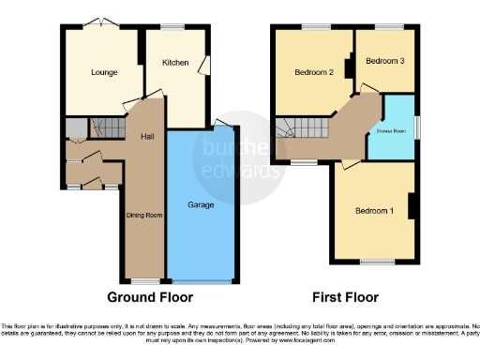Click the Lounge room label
coord(103,72)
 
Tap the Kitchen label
coord(175,63)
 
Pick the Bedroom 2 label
coord(314,72)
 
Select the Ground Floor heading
coord(150,297)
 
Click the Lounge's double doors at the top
coord(98,23)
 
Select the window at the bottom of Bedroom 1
coord(376,261)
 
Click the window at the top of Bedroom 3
coord(387,26)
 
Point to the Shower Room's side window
coord(418,127)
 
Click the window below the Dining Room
coord(143,280)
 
